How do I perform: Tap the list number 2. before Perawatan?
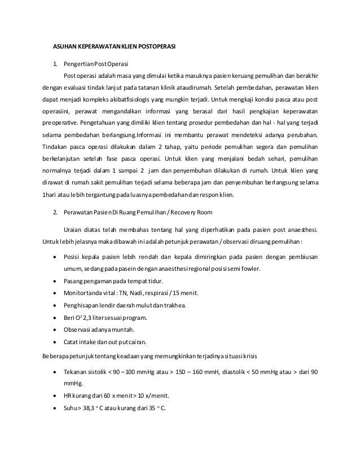coord(55,213)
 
